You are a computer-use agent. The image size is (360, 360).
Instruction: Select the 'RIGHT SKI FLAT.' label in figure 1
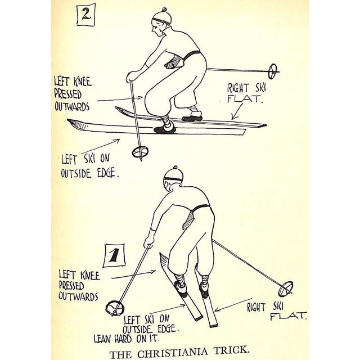coord(280,310)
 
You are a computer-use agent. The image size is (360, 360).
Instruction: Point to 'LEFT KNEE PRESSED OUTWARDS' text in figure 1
coord(78,284)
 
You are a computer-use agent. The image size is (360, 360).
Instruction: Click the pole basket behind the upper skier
coord(273,71)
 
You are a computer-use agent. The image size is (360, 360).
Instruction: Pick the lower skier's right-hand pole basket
coord(286,289)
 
